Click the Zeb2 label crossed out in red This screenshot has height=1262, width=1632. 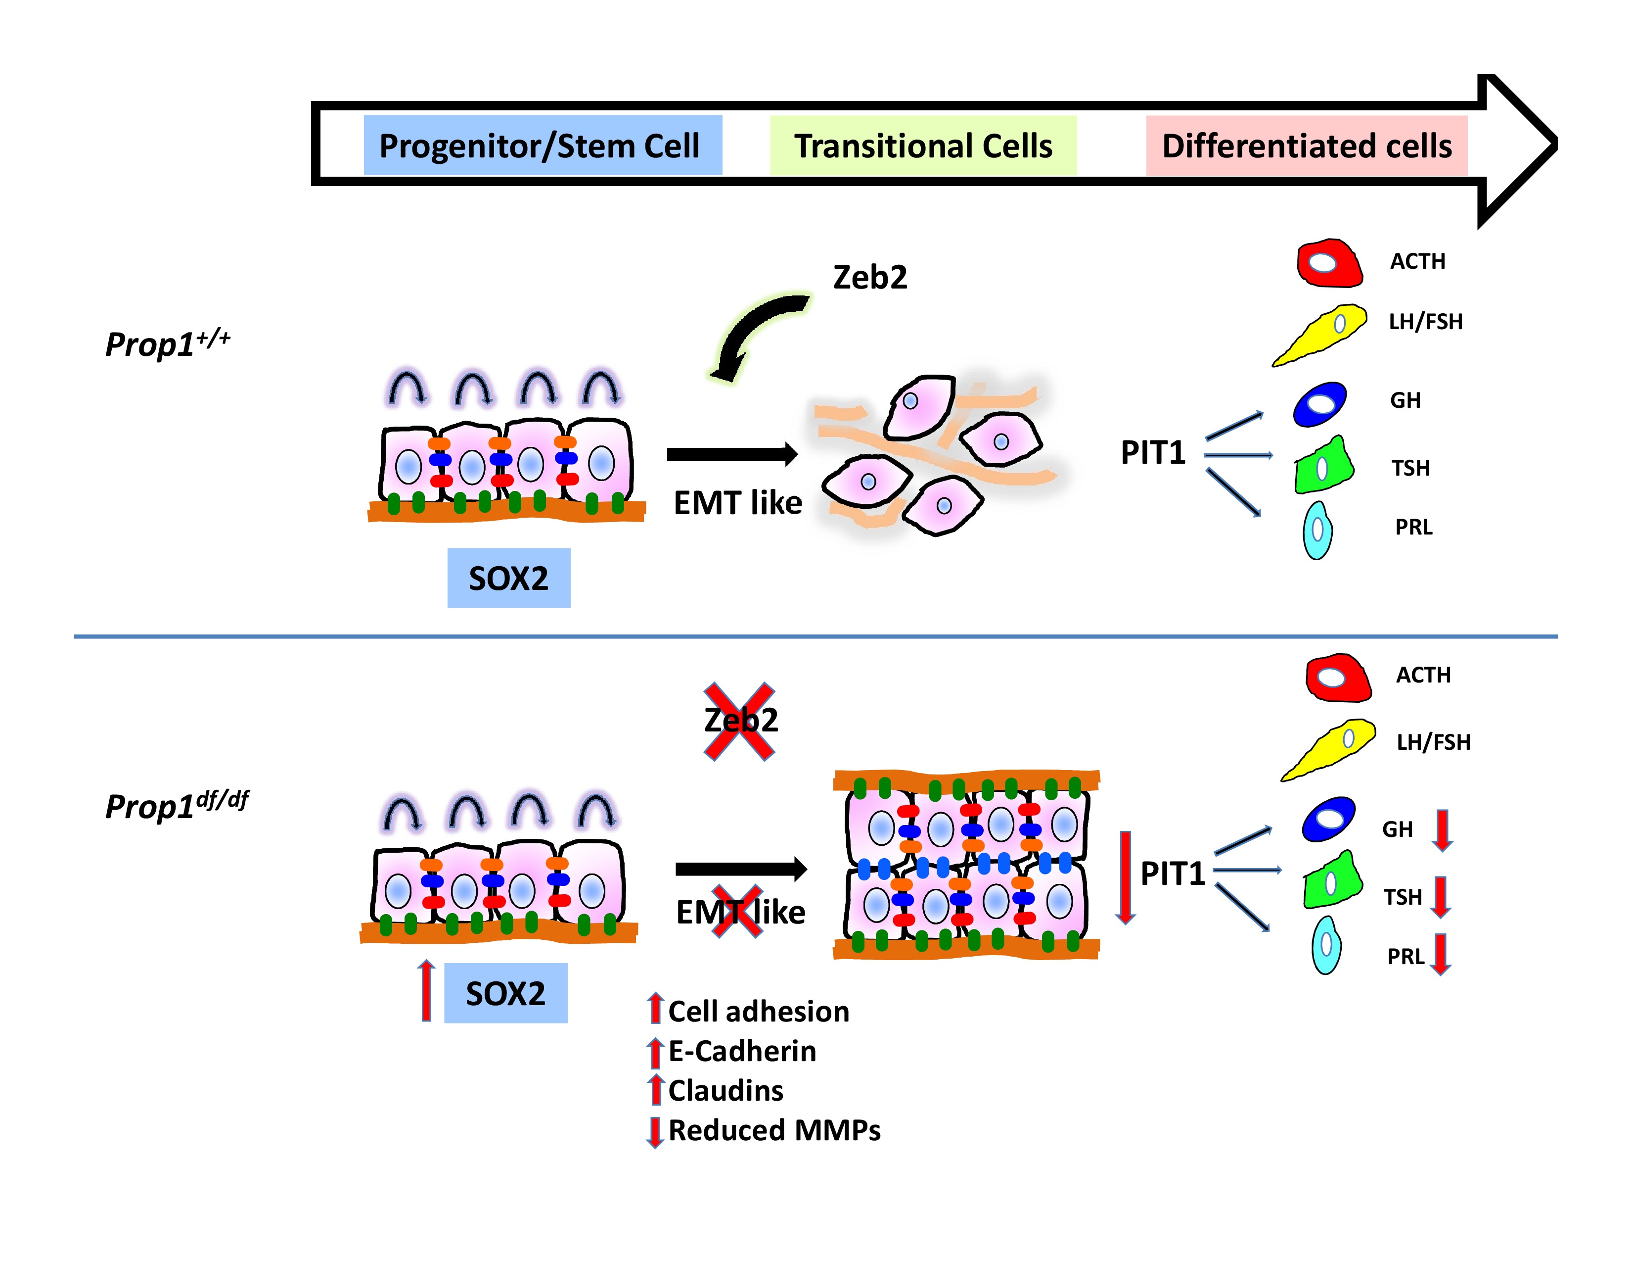coord(740,721)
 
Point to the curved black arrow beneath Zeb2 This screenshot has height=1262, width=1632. coord(755,337)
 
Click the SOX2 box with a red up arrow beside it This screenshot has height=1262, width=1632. coord(506,993)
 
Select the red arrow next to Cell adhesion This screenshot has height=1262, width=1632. coord(655,1009)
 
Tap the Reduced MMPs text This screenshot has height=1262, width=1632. coord(774,1130)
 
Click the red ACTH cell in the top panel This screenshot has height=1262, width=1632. coord(1329,263)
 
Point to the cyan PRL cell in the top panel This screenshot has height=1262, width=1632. coord(1317,530)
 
